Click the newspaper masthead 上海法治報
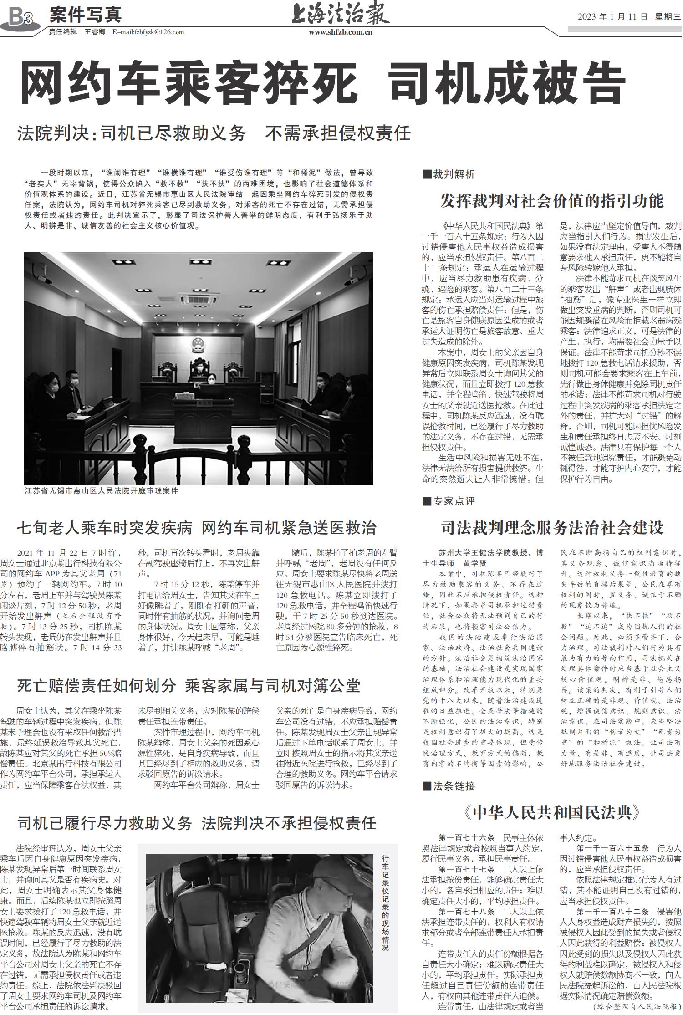point(340,15)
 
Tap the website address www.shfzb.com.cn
point(340,32)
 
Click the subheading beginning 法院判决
point(214,133)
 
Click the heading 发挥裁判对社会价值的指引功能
point(552,200)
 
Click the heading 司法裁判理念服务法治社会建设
point(552,527)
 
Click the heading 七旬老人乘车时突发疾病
point(197,528)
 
